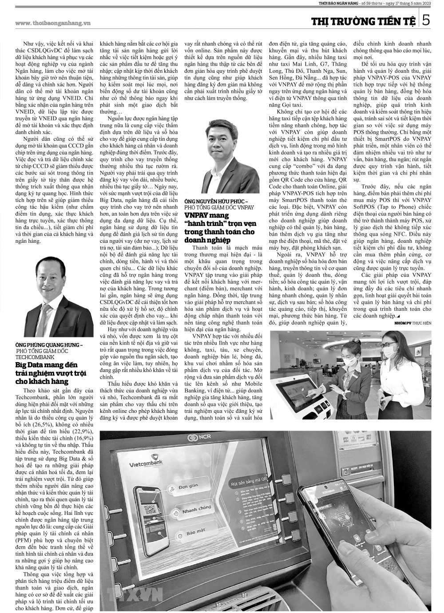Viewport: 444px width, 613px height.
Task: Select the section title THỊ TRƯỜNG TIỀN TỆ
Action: [x=363, y=21]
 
